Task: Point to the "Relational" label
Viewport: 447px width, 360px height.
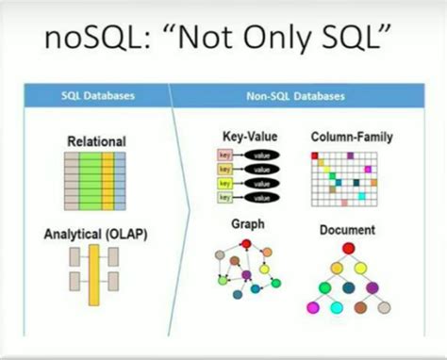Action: tap(95, 141)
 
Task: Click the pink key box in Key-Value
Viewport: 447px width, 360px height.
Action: tap(224, 154)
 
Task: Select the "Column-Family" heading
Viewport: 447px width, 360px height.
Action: tap(352, 137)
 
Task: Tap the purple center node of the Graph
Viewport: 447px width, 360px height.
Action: tap(246, 275)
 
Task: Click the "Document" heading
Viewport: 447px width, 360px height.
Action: tap(347, 229)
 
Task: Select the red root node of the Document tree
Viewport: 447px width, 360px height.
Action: tap(348, 249)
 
